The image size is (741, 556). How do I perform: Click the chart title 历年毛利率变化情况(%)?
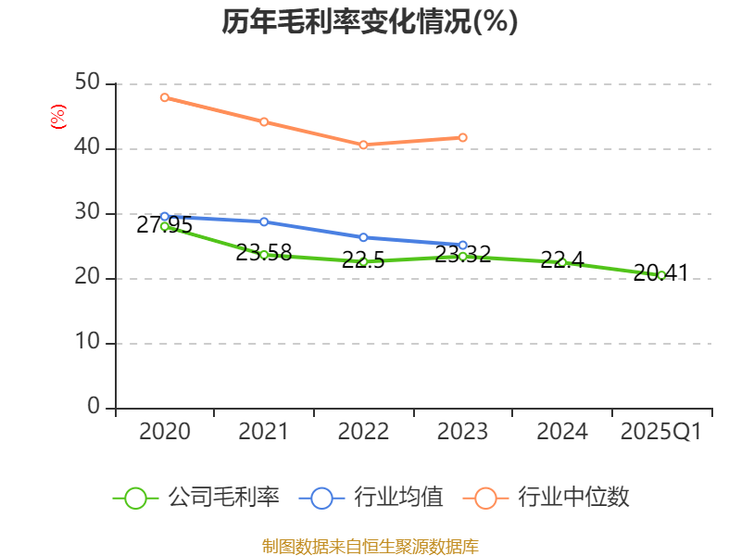tap(370, 21)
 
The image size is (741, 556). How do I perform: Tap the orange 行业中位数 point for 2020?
tap(165, 97)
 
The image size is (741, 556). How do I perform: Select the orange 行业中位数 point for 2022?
tap(363, 145)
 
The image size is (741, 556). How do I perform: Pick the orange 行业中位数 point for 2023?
tap(463, 137)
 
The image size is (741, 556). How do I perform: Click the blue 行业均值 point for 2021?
tap(264, 221)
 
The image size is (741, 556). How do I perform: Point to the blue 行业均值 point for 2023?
tap(463, 245)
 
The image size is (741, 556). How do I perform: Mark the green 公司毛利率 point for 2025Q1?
tap(661, 274)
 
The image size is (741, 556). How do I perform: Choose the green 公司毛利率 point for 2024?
tap(562, 262)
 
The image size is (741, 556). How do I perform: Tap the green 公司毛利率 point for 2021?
tap(264, 254)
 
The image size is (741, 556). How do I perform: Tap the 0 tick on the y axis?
tap(94, 408)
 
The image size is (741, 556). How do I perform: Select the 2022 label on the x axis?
tap(363, 432)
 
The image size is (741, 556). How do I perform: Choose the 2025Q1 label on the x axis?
tap(661, 432)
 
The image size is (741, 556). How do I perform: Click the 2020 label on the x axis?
tap(165, 432)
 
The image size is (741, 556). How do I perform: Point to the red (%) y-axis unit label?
tap(57, 117)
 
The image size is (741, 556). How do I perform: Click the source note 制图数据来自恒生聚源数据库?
tap(370, 546)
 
